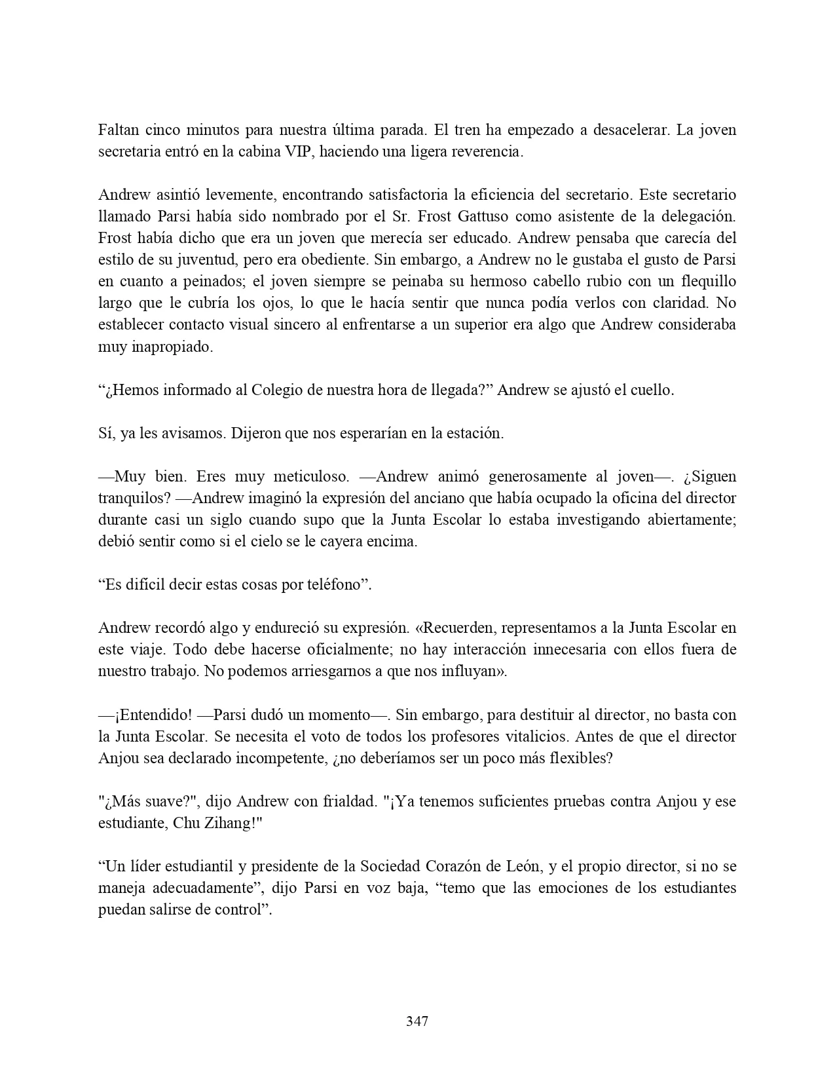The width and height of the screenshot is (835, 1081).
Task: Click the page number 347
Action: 417,1021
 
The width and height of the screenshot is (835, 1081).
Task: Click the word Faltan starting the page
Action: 118,130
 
